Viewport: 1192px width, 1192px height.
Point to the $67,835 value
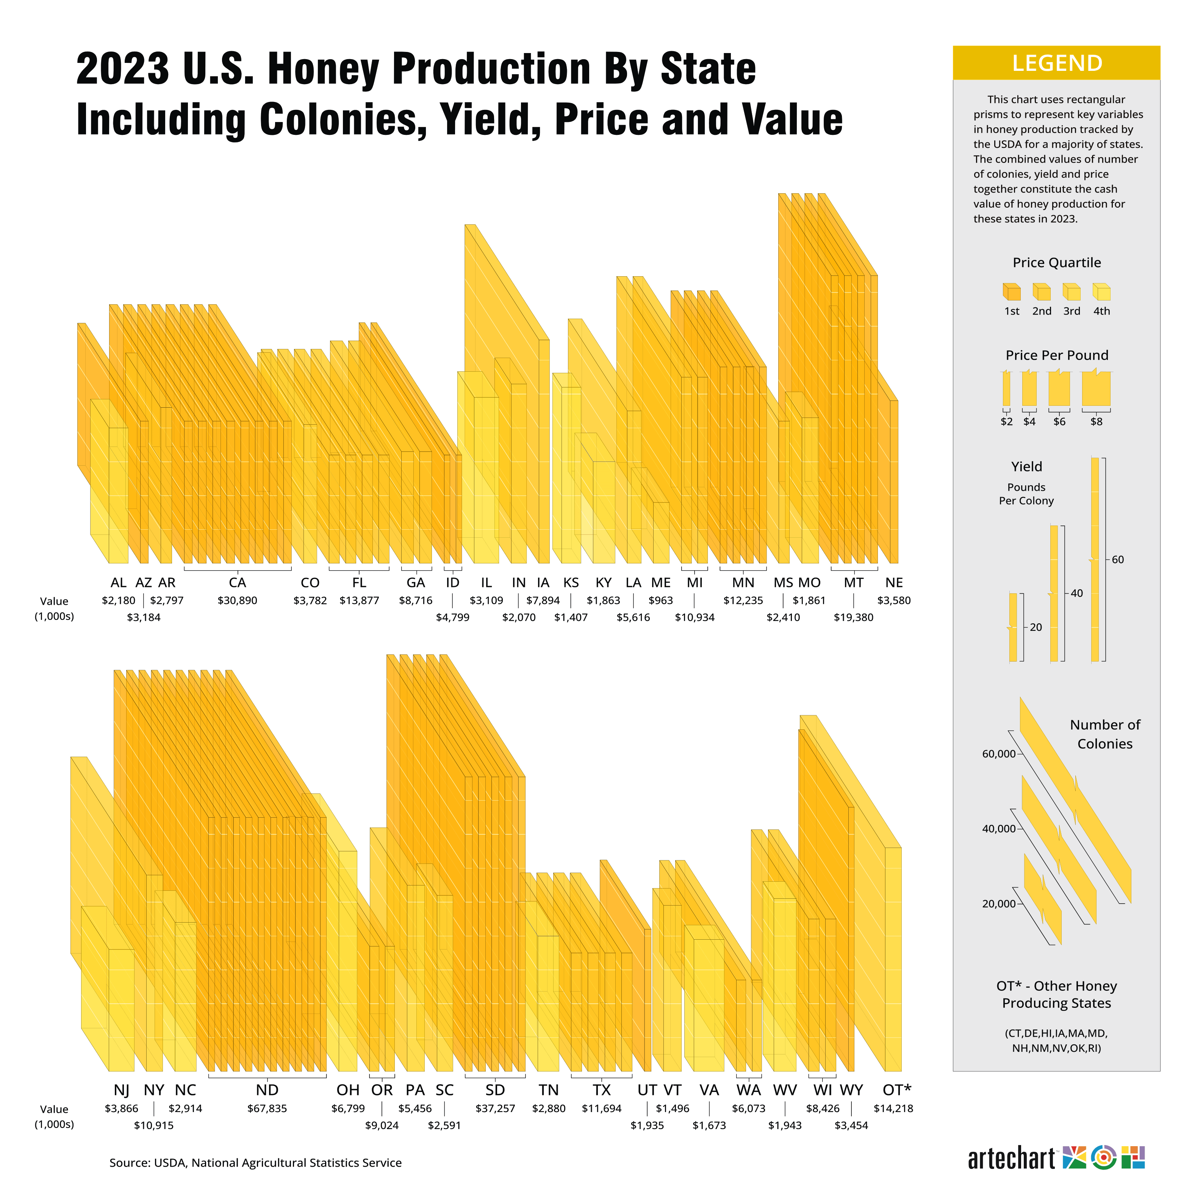coord(267,1108)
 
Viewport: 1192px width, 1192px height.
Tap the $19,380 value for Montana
coord(853,617)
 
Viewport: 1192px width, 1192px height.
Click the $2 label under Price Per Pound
coord(1006,421)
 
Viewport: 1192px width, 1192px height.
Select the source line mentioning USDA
coord(255,1162)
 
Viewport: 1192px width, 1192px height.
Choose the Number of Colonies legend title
coord(1104,734)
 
